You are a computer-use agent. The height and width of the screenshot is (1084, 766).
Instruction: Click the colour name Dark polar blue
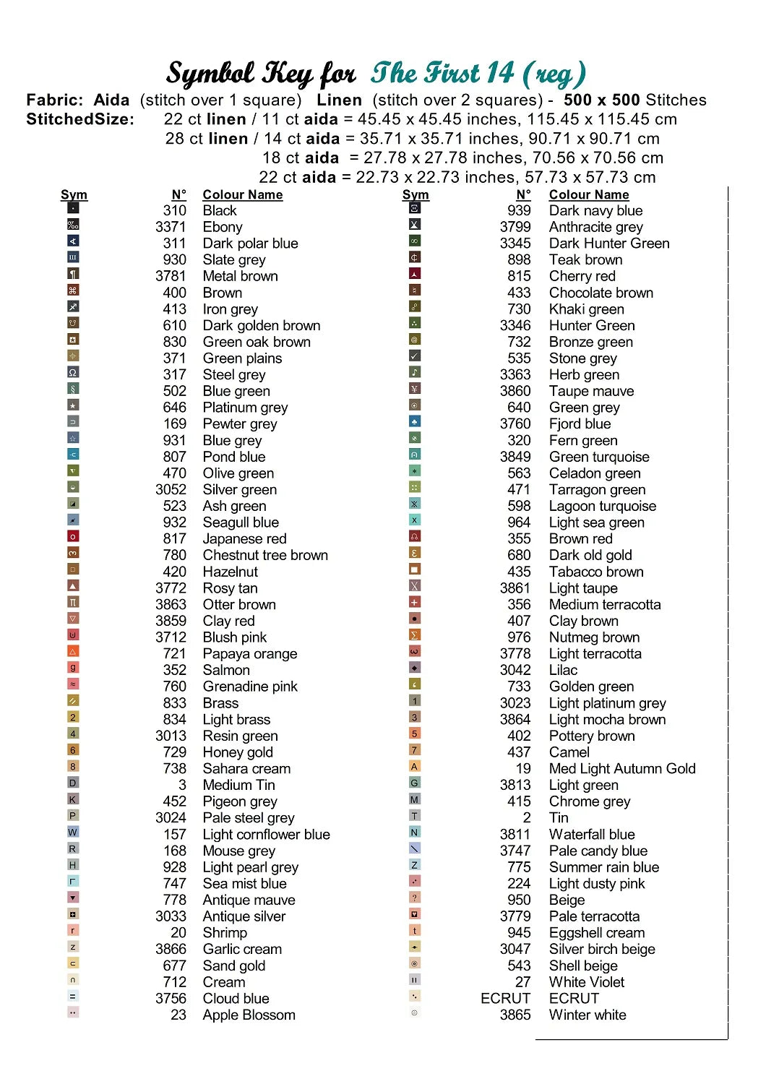pyautogui.click(x=250, y=244)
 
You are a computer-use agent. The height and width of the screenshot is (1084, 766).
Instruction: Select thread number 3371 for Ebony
pyautogui.click(x=171, y=227)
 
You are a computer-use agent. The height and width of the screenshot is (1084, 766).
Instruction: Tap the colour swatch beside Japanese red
pyautogui.click(x=73, y=537)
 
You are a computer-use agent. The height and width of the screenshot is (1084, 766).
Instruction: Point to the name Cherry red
pyautogui.click(x=582, y=276)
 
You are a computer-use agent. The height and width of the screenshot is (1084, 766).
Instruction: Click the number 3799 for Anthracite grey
pyautogui.click(x=515, y=227)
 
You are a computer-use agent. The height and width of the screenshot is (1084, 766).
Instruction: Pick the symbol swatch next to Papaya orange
pyautogui.click(x=73, y=652)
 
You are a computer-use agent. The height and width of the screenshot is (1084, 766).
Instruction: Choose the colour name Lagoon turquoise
pyautogui.click(x=602, y=506)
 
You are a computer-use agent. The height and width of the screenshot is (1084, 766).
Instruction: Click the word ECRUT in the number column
pyautogui.click(x=505, y=998)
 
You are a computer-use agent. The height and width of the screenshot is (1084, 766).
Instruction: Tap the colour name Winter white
pyautogui.click(x=587, y=1015)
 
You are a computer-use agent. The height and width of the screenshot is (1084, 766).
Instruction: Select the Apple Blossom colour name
pyautogui.click(x=249, y=1015)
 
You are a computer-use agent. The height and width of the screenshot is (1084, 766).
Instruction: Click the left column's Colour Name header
pyautogui.click(x=242, y=194)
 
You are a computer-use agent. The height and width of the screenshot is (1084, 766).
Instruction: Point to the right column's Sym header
pyautogui.click(x=416, y=194)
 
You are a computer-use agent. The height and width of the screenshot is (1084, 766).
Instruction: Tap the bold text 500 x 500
pyautogui.click(x=601, y=100)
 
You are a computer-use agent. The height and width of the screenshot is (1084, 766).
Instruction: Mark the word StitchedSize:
pyautogui.click(x=80, y=119)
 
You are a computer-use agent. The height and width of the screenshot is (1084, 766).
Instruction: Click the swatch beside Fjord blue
pyautogui.click(x=415, y=421)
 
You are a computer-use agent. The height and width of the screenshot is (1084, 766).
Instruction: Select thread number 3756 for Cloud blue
pyautogui.click(x=171, y=998)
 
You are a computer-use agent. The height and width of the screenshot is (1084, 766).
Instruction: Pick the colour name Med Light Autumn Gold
pyautogui.click(x=621, y=768)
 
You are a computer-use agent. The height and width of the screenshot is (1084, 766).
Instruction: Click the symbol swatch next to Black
pyautogui.click(x=73, y=208)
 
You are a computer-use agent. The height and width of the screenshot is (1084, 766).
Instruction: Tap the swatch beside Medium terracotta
pyautogui.click(x=415, y=602)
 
